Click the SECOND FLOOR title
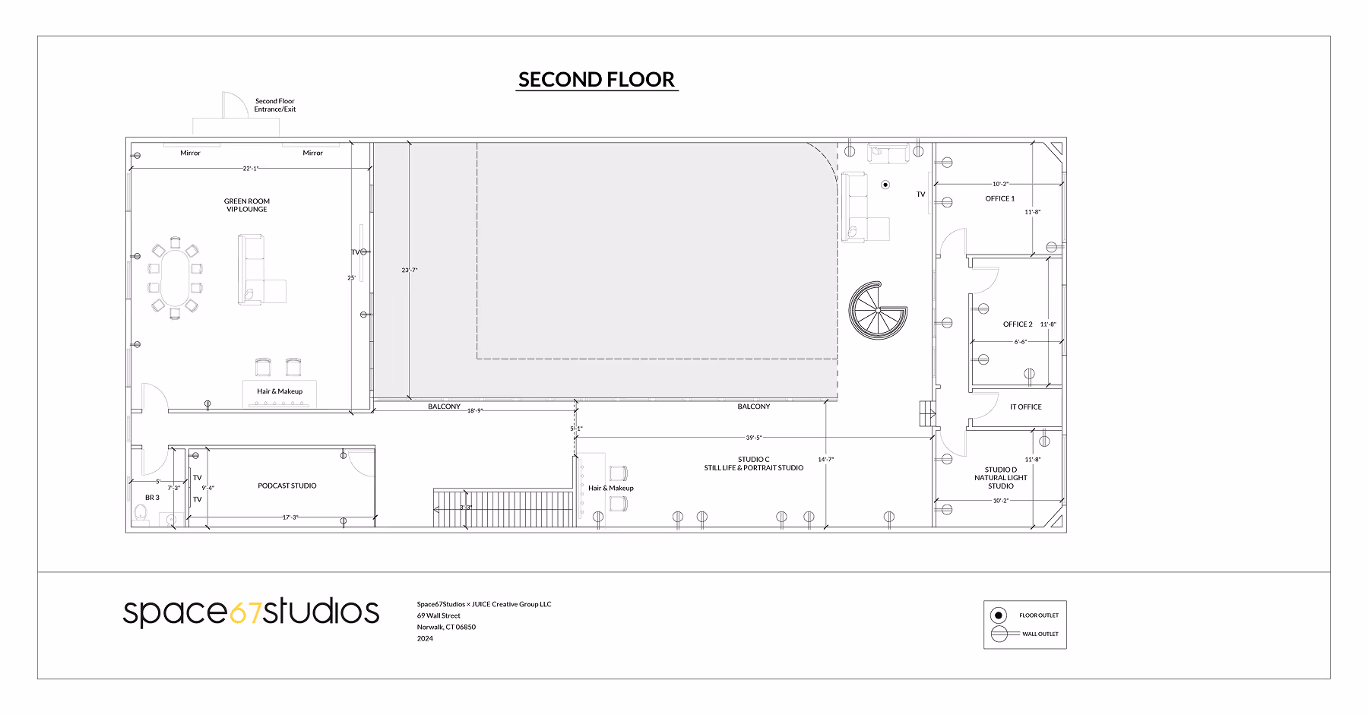click(597, 80)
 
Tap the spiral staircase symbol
click(878, 310)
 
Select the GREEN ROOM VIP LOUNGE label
click(247, 205)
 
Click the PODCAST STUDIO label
click(287, 486)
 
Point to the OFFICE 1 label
click(1000, 198)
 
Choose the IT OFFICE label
click(1026, 407)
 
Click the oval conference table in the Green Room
click(176, 278)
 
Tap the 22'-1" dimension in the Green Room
click(251, 169)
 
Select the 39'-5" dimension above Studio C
click(754, 438)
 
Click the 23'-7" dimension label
click(410, 270)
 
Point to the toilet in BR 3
click(140, 514)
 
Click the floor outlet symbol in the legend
click(999, 615)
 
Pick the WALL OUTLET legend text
click(1040, 634)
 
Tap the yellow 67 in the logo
click(245, 612)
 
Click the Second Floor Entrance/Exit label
click(275, 105)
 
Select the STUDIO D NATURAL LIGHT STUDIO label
click(1001, 478)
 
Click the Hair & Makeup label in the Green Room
click(280, 391)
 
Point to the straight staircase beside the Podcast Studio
click(503, 508)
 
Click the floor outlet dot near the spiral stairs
click(885, 185)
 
